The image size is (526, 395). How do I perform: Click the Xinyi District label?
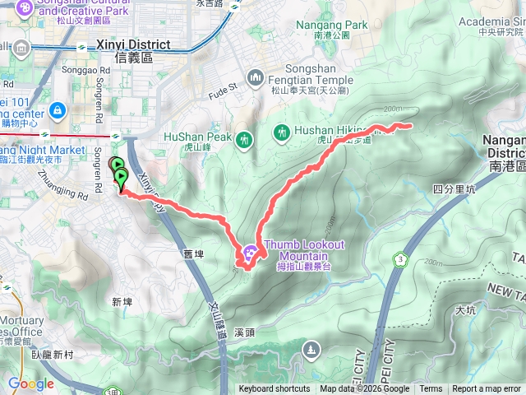click(x=132, y=45)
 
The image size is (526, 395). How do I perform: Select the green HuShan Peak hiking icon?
click(x=243, y=141)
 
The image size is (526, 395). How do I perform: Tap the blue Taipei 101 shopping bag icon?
click(x=57, y=109)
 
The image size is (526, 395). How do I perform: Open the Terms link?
click(x=431, y=389)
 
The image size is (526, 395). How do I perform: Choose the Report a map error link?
click(x=487, y=389)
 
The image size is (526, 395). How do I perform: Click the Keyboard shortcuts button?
click(x=275, y=389)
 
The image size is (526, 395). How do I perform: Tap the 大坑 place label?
click(x=465, y=310)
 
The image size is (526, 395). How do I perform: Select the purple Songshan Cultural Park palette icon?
click(x=25, y=7)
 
